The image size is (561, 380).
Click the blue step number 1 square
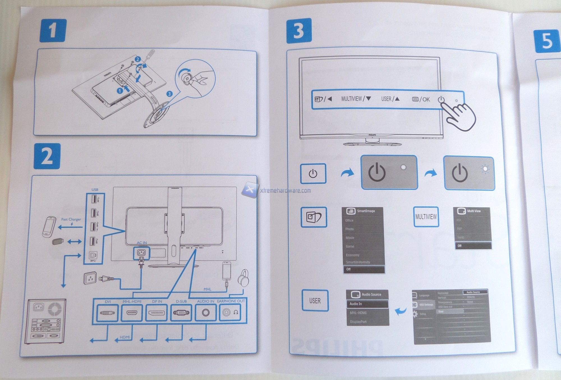point(53,30)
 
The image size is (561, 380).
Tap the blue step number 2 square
point(47,156)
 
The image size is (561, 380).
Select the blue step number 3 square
point(299,31)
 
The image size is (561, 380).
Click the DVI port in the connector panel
point(107,312)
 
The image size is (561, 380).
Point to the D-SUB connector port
point(181,312)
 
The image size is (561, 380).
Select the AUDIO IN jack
point(206,312)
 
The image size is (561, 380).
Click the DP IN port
point(157,312)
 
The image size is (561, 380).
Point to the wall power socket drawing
point(90,278)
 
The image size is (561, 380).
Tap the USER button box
point(315,301)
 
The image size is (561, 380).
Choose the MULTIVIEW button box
point(426,217)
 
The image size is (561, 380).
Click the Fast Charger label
point(71,219)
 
